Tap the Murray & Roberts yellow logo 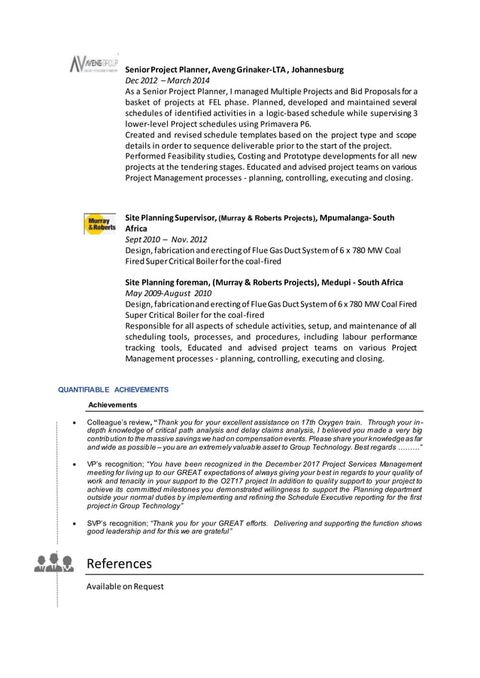tap(99, 224)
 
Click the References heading tap(119, 563)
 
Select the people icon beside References tap(53, 563)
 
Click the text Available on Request tap(125, 586)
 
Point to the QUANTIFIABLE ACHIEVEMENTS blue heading tap(114, 389)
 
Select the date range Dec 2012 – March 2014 tap(167, 80)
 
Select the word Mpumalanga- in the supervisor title tap(346, 218)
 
